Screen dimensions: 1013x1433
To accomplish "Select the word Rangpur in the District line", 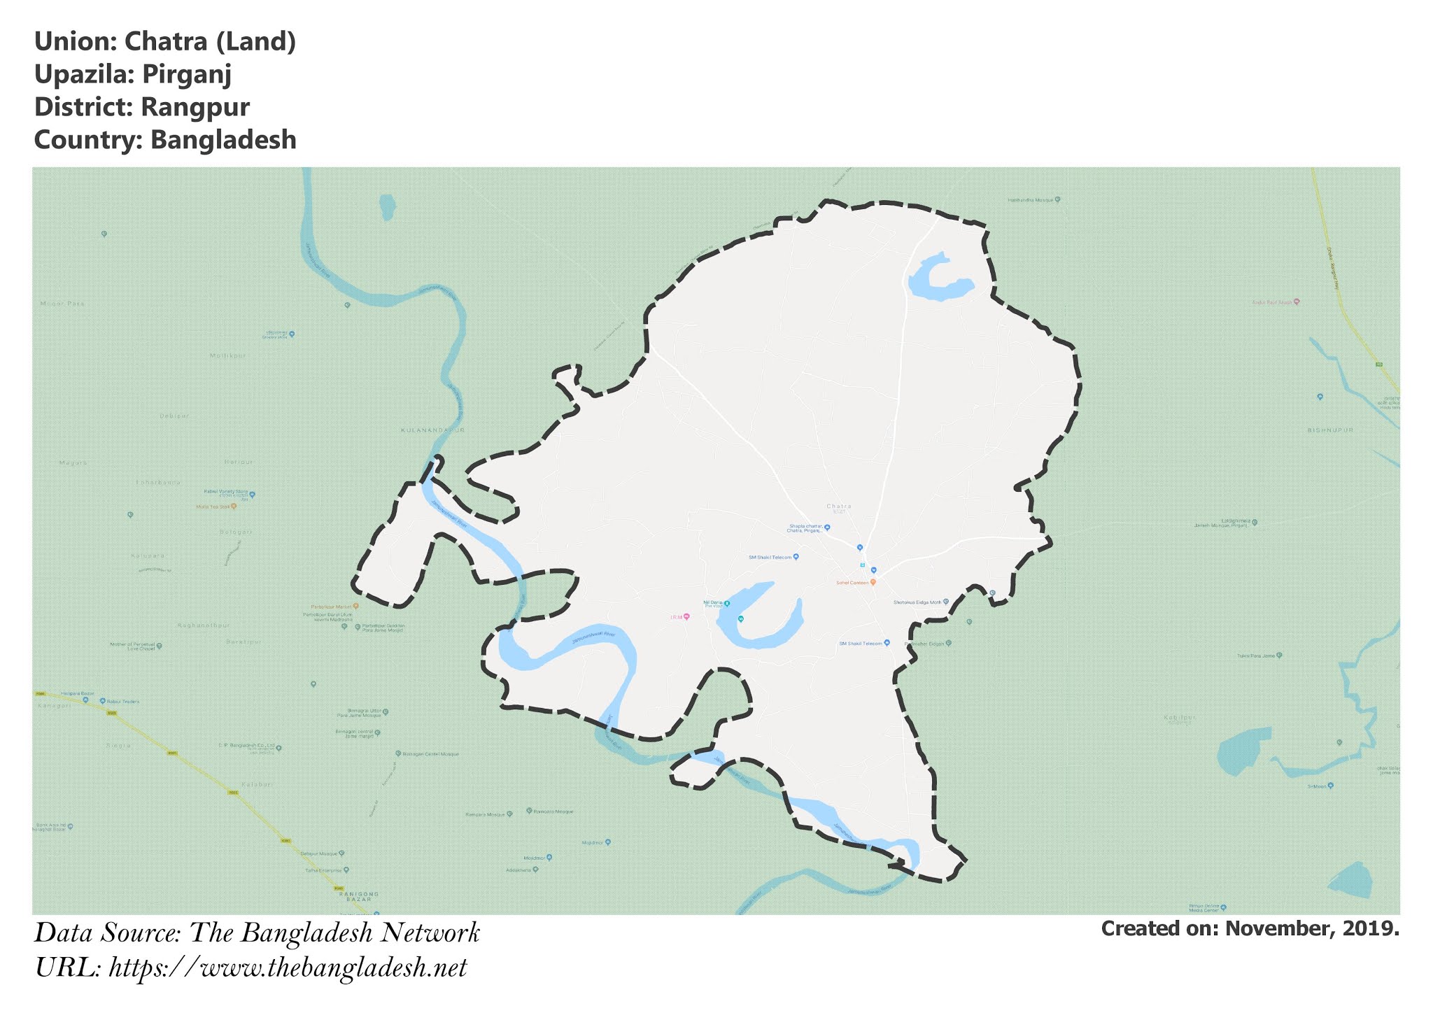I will (x=195, y=107).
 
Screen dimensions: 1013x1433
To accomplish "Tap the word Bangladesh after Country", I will (x=223, y=140).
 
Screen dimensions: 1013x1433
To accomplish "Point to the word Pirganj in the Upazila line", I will (x=186, y=74).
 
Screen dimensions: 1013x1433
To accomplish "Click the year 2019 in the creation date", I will (x=1371, y=928).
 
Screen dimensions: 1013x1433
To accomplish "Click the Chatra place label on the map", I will (x=838, y=506).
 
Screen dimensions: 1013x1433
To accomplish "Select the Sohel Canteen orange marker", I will (x=873, y=582).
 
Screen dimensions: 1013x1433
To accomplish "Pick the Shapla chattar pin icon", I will (x=827, y=527).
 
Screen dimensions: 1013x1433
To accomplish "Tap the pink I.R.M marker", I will (x=686, y=616).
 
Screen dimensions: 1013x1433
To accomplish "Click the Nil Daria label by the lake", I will (x=712, y=602).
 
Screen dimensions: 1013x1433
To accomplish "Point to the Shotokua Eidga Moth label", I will (x=917, y=602).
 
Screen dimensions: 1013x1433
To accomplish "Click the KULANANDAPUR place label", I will (x=432, y=430).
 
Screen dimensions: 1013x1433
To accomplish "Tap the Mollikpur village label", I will (x=228, y=355).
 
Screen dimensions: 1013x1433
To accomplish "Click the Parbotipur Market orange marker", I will (x=356, y=606).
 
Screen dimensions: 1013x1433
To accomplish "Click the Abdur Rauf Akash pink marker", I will (x=1297, y=302).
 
